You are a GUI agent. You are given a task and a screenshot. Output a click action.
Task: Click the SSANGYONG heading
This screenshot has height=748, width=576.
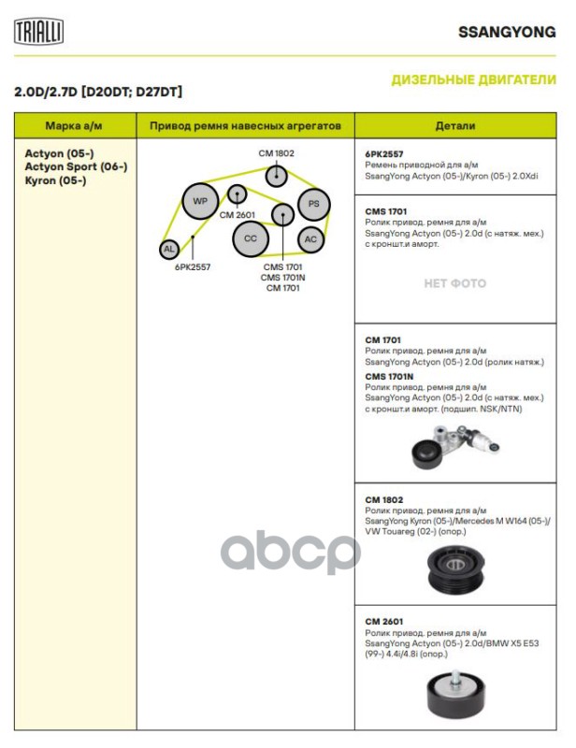click(x=507, y=32)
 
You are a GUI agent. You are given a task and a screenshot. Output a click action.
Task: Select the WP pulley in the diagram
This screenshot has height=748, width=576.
click(x=199, y=201)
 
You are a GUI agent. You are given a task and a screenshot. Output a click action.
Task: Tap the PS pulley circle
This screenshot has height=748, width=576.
click(x=314, y=203)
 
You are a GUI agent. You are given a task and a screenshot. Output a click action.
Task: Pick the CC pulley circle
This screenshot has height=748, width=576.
click(x=250, y=238)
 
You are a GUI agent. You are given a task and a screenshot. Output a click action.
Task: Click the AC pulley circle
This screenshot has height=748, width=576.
click(x=310, y=238)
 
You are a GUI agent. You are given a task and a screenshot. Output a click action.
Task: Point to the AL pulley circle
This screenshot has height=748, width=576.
click(x=168, y=249)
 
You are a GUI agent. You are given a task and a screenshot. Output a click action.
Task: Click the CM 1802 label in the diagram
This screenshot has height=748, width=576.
click(x=276, y=152)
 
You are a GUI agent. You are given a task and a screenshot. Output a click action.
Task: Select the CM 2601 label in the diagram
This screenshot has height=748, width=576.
click(x=238, y=215)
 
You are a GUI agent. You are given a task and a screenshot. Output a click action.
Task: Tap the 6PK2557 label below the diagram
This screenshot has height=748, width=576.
click(x=192, y=266)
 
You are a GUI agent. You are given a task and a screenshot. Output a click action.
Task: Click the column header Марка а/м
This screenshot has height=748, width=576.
click(x=75, y=125)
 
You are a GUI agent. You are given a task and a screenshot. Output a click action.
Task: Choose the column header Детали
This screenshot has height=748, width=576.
click(x=455, y=125)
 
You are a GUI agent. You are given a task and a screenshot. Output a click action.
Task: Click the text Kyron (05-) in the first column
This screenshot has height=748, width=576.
click(x=55, y=180)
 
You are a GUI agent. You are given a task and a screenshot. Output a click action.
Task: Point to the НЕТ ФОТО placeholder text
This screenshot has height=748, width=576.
click(x=455, y=283)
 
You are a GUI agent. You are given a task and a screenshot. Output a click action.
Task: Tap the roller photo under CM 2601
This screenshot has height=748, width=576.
click(x=455, y=692)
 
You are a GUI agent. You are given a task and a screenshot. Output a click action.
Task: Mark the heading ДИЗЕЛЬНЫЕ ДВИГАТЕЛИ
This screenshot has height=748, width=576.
click(x=473, y=80)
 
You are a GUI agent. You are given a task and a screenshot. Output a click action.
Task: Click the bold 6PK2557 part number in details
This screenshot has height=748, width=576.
click(x=384, y=153)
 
